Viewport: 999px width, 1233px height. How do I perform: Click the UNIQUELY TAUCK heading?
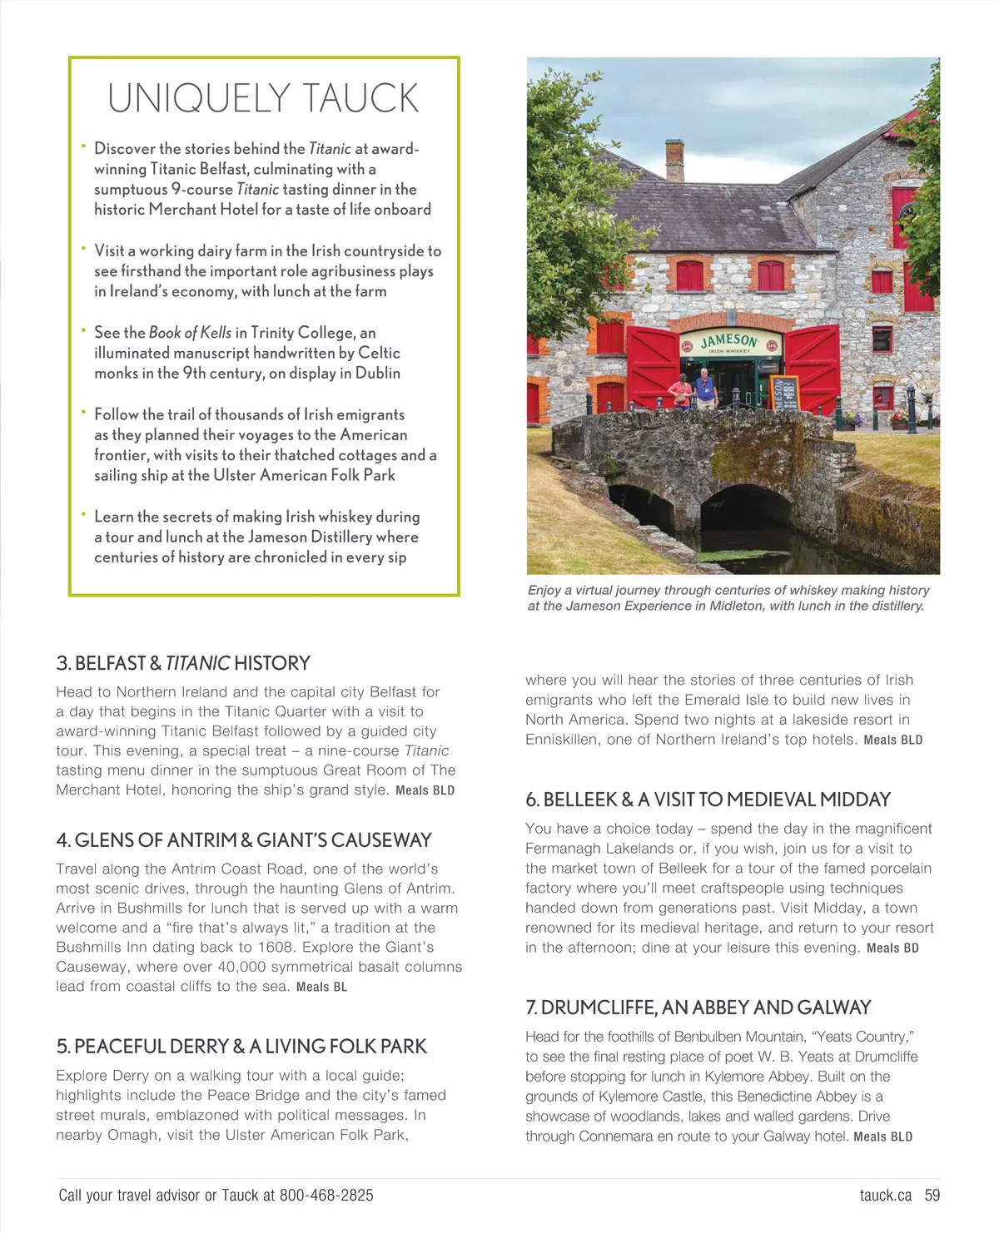pyautogui.click(x=263, y=98)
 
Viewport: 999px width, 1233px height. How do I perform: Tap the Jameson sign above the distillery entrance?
pyautogui.click(x=729, y=343)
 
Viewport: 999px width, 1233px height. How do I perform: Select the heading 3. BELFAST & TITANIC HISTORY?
pyautogui.click(x=183, y=663)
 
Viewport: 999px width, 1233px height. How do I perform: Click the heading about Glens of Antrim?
pyautogui.click(x=244, y=840)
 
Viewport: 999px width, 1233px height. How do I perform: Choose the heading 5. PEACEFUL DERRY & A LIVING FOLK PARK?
pyautogui.click(x=241, y=1047)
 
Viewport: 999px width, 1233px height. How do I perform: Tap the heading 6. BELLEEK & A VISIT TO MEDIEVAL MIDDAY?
pyautogui.click(x=708, y=800)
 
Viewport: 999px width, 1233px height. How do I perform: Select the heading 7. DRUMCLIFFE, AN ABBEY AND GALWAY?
pyautogui.click(x=698, y=1008)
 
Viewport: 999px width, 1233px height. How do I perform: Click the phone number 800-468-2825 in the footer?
pyautogui.click(x=326, y=1196)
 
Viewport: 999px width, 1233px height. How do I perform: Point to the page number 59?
pyautogui.click(x=932, y=1196)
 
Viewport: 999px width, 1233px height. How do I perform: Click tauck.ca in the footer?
pyautogui.click(x=886, y=1196)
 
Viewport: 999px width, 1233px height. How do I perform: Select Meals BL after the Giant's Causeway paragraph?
pyautogui.click(x=321, y=987)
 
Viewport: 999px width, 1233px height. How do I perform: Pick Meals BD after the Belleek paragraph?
pyautogui.click(x=892, y=948)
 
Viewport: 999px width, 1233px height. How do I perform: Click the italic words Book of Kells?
pyautogui.click(x=190, y=333)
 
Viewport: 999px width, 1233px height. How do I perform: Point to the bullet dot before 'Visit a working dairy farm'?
pyautogui.click(x=83, y=248)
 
